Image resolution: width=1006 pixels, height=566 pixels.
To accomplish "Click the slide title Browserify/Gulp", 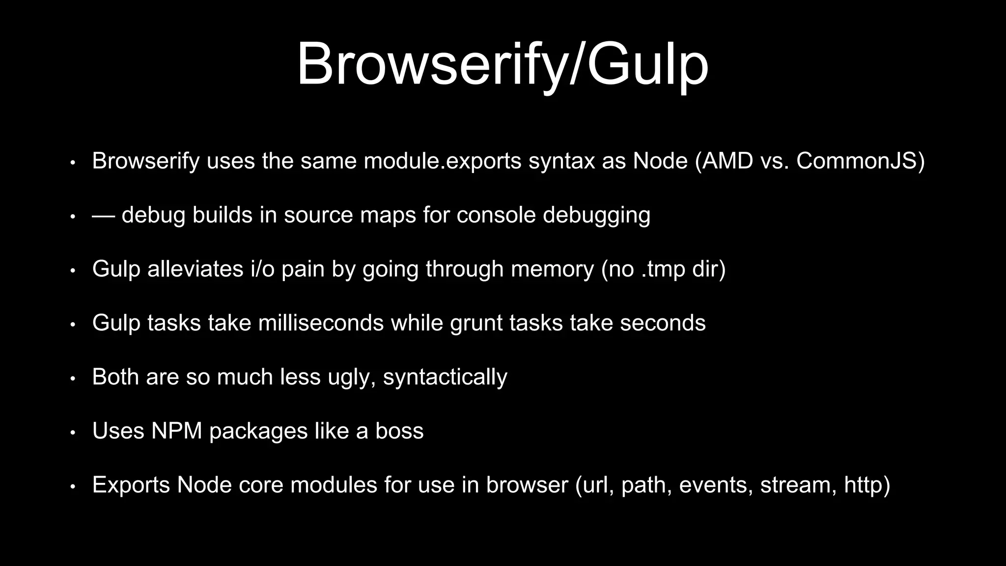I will pyautogui.click(x=503, y=65).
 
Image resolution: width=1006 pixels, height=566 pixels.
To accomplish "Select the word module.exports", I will pyautogui.click(x=443, y=161).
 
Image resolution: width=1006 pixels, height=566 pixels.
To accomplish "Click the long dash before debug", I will pyautogui.click(x=104, y=215).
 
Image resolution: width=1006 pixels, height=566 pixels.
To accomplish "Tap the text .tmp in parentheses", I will pyautogui.click(x=663, y=269).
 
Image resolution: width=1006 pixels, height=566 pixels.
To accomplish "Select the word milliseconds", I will pyautogui.click(x=321, y=323).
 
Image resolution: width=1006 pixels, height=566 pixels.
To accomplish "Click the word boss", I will pyautogui.click(x=399, y=431).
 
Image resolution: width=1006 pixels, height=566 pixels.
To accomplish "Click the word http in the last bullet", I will pyautogui.click(x=864, y=485).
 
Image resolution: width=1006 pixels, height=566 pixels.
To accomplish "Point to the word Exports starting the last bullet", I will pyautogui.click(x=131, y=485).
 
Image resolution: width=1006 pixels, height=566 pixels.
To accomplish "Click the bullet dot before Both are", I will pyautogui.click(x=72, y=379).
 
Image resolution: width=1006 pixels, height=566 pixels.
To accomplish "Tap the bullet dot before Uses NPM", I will pyautogui.click(x=72, y=433).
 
